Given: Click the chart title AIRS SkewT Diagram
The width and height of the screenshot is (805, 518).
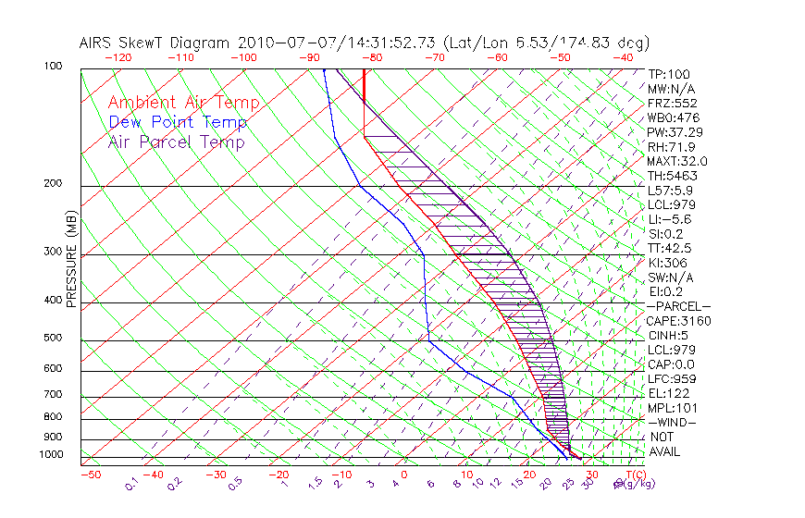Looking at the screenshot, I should [156, 43].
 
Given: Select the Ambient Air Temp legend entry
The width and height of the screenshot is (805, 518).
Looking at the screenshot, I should [184, 103].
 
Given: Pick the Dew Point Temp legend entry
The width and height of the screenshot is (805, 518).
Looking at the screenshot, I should [178, 122].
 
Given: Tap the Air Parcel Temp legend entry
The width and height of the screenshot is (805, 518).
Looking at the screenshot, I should [177, 142].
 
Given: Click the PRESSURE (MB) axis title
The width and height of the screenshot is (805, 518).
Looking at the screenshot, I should [72, 260].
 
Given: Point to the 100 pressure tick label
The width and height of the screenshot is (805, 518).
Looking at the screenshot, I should [53, 67].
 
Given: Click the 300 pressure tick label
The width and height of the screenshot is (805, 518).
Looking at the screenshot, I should [53, 252].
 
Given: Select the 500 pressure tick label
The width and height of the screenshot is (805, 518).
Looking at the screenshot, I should [53, 339].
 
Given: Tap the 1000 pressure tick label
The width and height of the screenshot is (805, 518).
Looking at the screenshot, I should [50, 455].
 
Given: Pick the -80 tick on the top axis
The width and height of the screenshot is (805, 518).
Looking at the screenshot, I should [371, 57].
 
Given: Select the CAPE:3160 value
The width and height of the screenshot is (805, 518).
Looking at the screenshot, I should [677, 321].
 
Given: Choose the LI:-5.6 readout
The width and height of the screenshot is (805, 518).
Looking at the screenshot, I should [669, 219].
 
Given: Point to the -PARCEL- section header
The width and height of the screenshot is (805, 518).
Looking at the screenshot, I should [678, 306].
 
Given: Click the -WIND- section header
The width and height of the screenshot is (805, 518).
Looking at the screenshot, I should [673, 423].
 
